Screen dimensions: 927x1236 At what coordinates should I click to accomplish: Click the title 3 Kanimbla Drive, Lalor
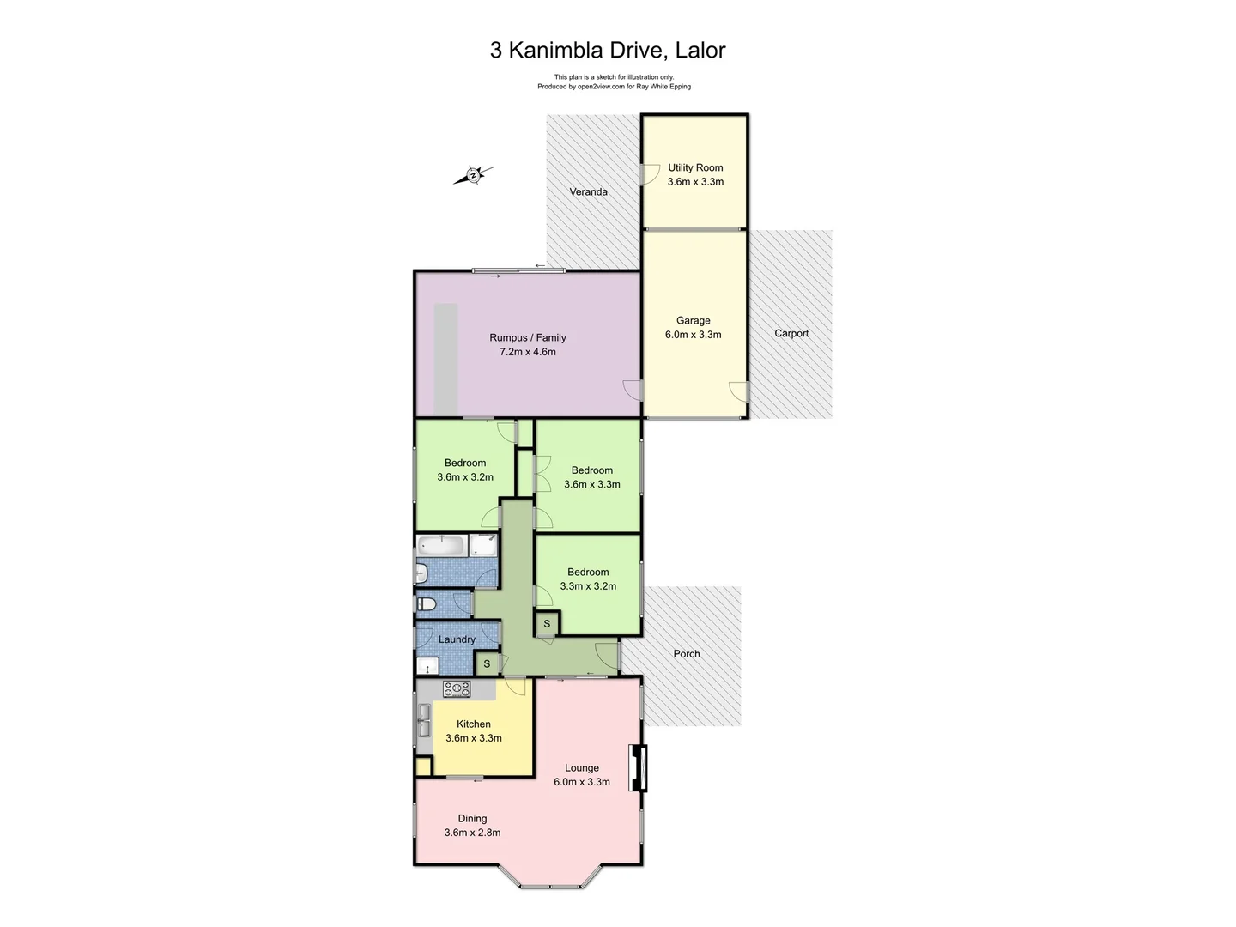click(x=607, y=50)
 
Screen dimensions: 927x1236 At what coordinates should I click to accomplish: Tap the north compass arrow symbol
click(x=473, y=175)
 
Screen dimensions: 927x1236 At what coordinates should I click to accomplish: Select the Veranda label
click(x=588, y=191)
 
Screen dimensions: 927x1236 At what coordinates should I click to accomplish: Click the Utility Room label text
click(x=695, y=167)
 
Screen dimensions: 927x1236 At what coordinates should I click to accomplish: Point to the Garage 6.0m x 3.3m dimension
click(x=693, y=335)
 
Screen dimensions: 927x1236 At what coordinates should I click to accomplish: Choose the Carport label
click(x=791, y=333)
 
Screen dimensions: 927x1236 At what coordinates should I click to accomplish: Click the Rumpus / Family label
click(x=527, y=337)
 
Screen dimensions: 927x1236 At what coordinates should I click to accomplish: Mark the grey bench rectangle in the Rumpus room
click(x=445, y=359)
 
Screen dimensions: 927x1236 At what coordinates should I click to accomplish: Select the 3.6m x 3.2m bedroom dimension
click(x=464, y=477)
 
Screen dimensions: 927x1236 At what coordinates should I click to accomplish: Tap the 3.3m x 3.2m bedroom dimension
click(x=588, y=586)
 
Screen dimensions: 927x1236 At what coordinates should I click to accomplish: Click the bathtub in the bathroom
click(x=442, y=545)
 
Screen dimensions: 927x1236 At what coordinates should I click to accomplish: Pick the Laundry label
click(x=456, y=639)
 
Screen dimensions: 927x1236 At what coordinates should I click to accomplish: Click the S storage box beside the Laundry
click(x=487, y=663)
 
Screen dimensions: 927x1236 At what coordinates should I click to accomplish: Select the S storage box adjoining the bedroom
click(x=547, y=624)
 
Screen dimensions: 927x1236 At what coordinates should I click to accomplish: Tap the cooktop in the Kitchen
click(x=456, y=688)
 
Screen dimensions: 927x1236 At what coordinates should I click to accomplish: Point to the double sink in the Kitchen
click(x=423, y=720)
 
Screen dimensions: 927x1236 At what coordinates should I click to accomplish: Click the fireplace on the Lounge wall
click(x=638, y=766)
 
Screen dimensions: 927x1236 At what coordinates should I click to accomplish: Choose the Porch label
click(x=686, y=653)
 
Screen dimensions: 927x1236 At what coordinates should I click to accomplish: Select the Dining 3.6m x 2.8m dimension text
click(x=472, y=833)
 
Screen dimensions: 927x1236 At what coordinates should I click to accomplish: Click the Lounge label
click(x=581, y=768)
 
